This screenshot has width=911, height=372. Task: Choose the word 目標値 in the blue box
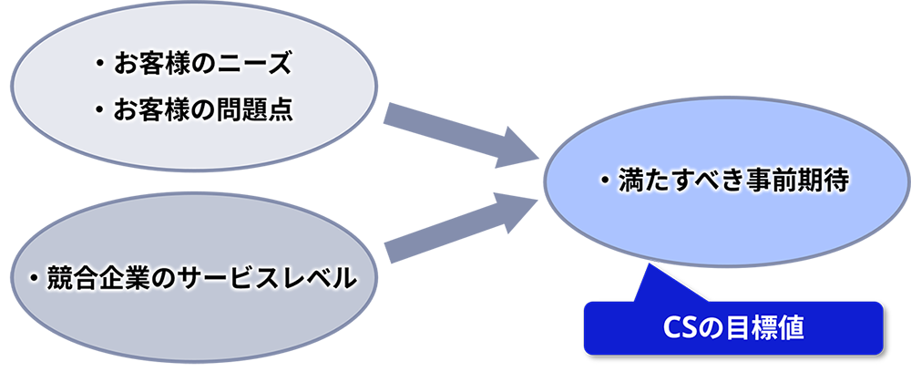[x=766, y=327]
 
